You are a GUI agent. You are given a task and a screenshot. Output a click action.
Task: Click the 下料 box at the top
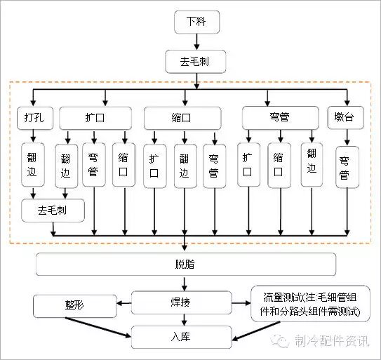pyautogui.click(x=197, y=22)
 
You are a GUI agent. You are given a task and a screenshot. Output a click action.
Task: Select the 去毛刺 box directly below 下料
pyautogui.click(x=197, y=62)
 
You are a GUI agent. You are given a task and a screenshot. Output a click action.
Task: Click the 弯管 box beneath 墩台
pyautogui.click(x=344, y=167)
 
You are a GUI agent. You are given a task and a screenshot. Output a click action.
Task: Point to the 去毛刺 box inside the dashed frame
pyautogui.click(x=53, y=209)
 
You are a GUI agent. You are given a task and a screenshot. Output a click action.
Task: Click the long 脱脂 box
pyautogui.click(x=185, y=264)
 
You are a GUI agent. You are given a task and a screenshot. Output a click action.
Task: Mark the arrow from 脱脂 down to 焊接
pyautogui.click(x=185, y=284)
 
